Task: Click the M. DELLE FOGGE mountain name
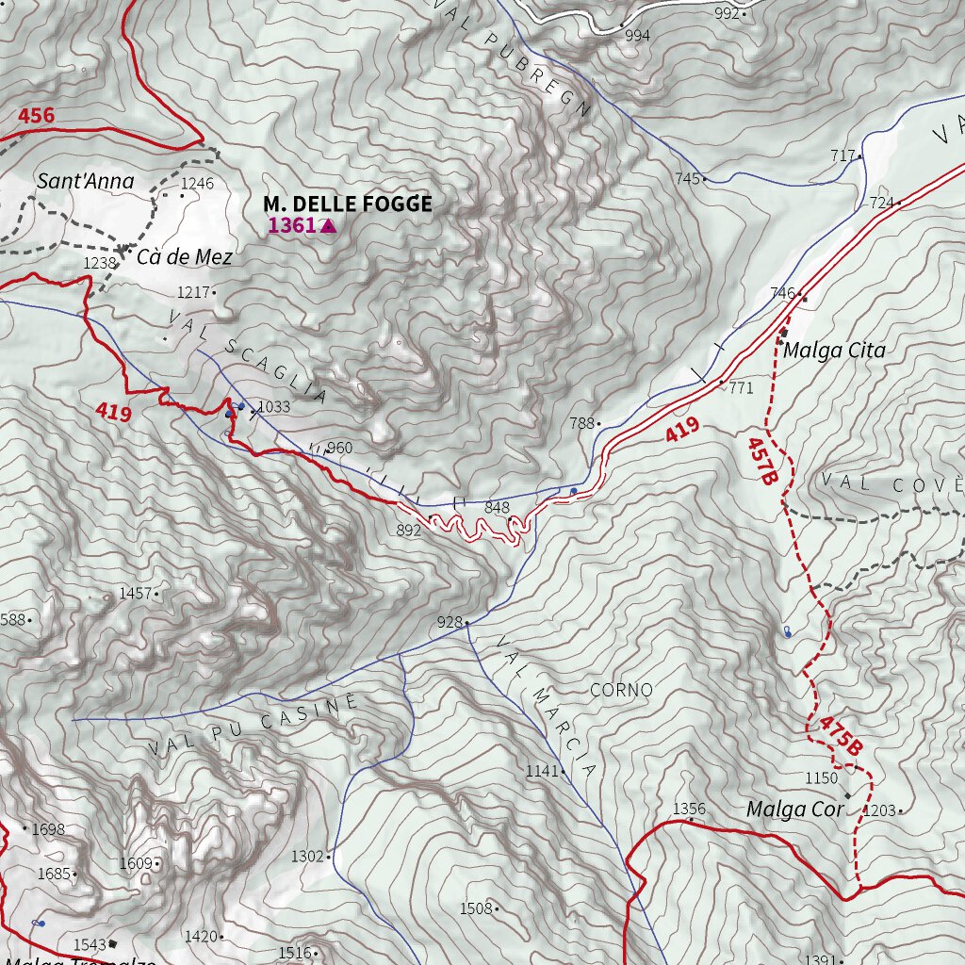348,204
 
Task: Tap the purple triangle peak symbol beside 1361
328,225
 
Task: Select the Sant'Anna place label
86,181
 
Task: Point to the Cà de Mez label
185,256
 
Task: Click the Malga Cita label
835,351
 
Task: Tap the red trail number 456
36,116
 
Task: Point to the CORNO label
621,690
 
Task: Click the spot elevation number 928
450,622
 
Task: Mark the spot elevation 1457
135,593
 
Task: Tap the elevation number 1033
273,406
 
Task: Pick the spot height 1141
542,771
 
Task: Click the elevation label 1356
689,809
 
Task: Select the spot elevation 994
637,36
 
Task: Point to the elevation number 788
581,423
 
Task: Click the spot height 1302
307,856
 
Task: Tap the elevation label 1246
198,183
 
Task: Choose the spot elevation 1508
476,908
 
